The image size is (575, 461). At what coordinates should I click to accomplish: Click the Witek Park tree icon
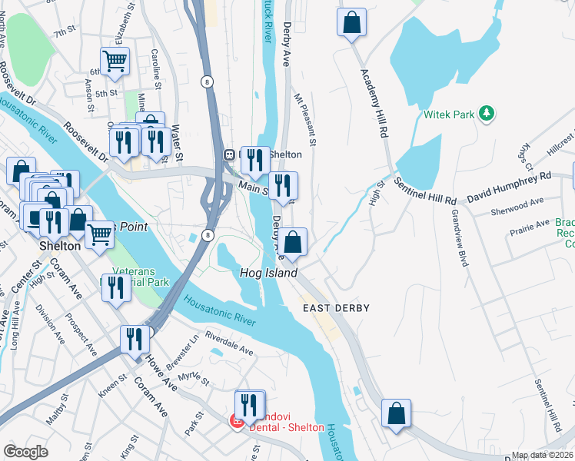(486, 114)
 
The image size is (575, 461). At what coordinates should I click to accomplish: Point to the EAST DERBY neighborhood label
(335, 308)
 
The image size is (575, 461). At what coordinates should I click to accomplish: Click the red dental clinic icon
(238, 421)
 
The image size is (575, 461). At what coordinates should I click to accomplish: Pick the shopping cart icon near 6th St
(115, 61)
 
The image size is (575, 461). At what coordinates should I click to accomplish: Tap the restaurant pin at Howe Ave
(135, 339)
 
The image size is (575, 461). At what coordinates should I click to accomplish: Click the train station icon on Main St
(229, 154)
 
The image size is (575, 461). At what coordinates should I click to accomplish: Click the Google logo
(25, 452)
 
